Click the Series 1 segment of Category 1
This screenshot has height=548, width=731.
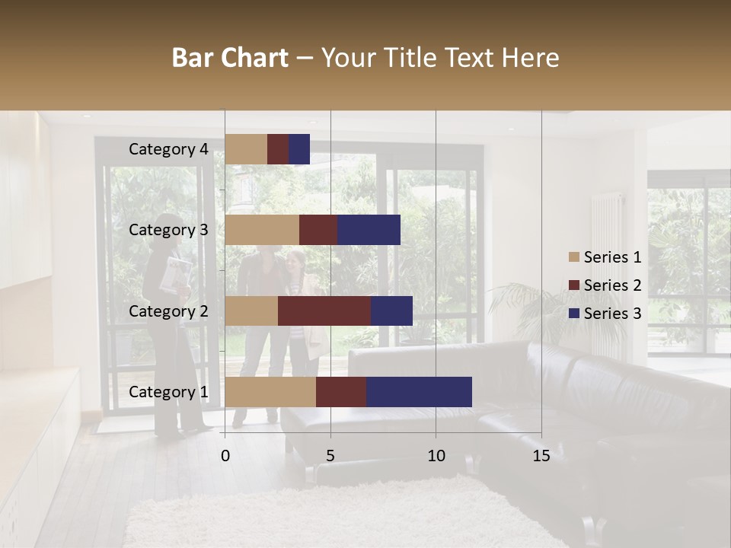coord(270,392)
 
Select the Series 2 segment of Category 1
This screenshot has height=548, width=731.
coord(341,392)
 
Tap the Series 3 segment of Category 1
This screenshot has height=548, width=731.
coord(419,392)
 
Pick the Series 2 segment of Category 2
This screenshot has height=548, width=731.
coord(324,311)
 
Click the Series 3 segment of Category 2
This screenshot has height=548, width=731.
coord(391,311)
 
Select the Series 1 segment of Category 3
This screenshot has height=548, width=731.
coord(262,230)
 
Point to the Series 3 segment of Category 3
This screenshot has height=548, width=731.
coord(369,230)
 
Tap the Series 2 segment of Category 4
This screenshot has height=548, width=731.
coord(278,149)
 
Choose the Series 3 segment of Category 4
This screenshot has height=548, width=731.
coord(299,149)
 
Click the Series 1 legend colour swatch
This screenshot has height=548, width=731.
coord(574,257)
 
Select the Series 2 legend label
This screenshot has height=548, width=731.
coord(612,285)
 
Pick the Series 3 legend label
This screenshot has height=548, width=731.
coord(612,314)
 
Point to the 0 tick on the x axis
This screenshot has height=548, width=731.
coord(225,456)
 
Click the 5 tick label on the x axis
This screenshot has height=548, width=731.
coord(330,456)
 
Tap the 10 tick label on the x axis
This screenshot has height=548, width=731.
coord(436,456)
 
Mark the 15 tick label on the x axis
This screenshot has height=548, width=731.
coord(541,456)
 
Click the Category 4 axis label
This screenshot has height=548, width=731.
coord(168,149)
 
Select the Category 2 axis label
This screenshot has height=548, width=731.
coord(168,311)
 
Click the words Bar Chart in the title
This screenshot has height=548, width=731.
coord(230,58)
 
